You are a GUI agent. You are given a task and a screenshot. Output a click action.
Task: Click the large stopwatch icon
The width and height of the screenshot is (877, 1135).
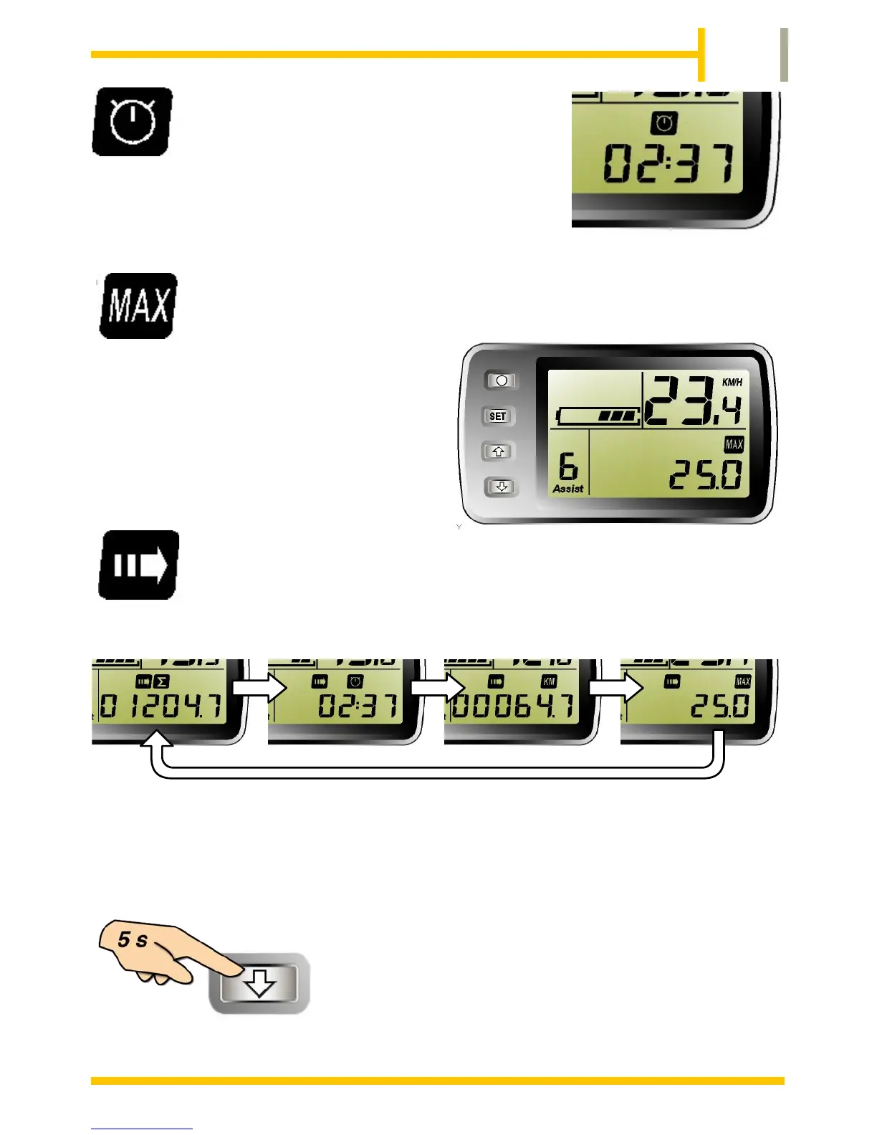[133, 121]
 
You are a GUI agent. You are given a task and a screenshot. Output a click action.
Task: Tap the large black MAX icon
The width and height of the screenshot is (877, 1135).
[138, 306]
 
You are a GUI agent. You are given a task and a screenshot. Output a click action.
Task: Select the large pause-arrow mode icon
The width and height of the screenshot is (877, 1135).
[138, 565]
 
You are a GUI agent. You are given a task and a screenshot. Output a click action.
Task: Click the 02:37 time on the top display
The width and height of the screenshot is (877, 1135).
[668, 163]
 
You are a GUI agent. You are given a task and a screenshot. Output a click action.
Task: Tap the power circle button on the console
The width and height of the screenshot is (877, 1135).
[502, 380]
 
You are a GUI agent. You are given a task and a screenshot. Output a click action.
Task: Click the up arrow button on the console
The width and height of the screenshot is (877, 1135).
[499, 451]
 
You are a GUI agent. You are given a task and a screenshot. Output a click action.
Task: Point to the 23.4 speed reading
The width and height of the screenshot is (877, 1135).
[693, 402]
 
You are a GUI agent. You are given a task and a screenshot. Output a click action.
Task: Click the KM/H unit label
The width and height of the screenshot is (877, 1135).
[732, 382]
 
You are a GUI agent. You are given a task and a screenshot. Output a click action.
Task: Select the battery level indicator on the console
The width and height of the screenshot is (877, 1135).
[598, 416]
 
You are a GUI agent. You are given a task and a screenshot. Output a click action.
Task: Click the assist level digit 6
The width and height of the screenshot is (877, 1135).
[567, 466]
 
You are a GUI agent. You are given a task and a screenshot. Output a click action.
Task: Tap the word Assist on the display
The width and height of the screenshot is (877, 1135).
[568, 489]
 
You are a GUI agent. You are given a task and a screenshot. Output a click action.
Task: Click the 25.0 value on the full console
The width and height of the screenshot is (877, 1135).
[706, 475]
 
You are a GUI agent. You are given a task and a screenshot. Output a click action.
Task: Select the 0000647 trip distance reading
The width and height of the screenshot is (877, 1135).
[513, 707]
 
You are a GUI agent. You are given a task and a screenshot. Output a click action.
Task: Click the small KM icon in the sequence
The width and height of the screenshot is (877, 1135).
[549, 681]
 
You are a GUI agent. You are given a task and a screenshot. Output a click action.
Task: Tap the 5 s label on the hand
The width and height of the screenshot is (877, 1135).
[133, 939]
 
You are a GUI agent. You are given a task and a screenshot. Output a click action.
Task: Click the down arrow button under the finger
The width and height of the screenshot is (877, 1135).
[259, 983]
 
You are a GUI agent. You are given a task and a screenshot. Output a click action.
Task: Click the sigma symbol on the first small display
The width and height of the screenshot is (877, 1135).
[161, 681]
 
